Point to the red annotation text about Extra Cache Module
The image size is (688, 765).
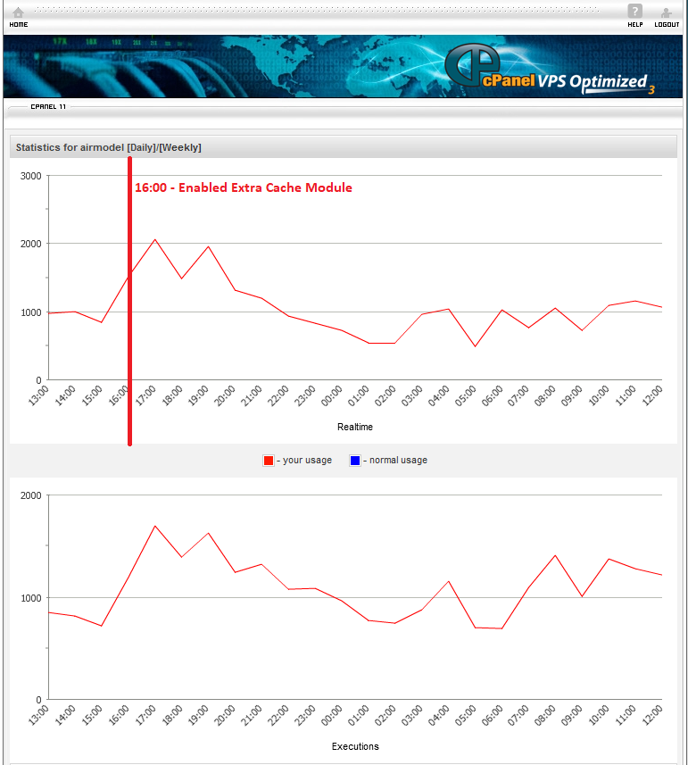point(243,188)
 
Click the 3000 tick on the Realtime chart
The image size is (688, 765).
point(30,176)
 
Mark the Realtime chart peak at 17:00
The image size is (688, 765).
point(154,239)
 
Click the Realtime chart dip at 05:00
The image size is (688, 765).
point(475,346)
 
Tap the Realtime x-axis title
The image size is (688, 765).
point(355,427)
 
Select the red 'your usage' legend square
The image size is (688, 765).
point(268,461)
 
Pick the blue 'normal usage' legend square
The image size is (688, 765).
point(354,461)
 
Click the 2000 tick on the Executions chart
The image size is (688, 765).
point(30,495)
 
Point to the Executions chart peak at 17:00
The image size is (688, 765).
point(154,526)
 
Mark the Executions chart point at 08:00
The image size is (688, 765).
point(555,555)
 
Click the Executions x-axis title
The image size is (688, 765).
point(355,746)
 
